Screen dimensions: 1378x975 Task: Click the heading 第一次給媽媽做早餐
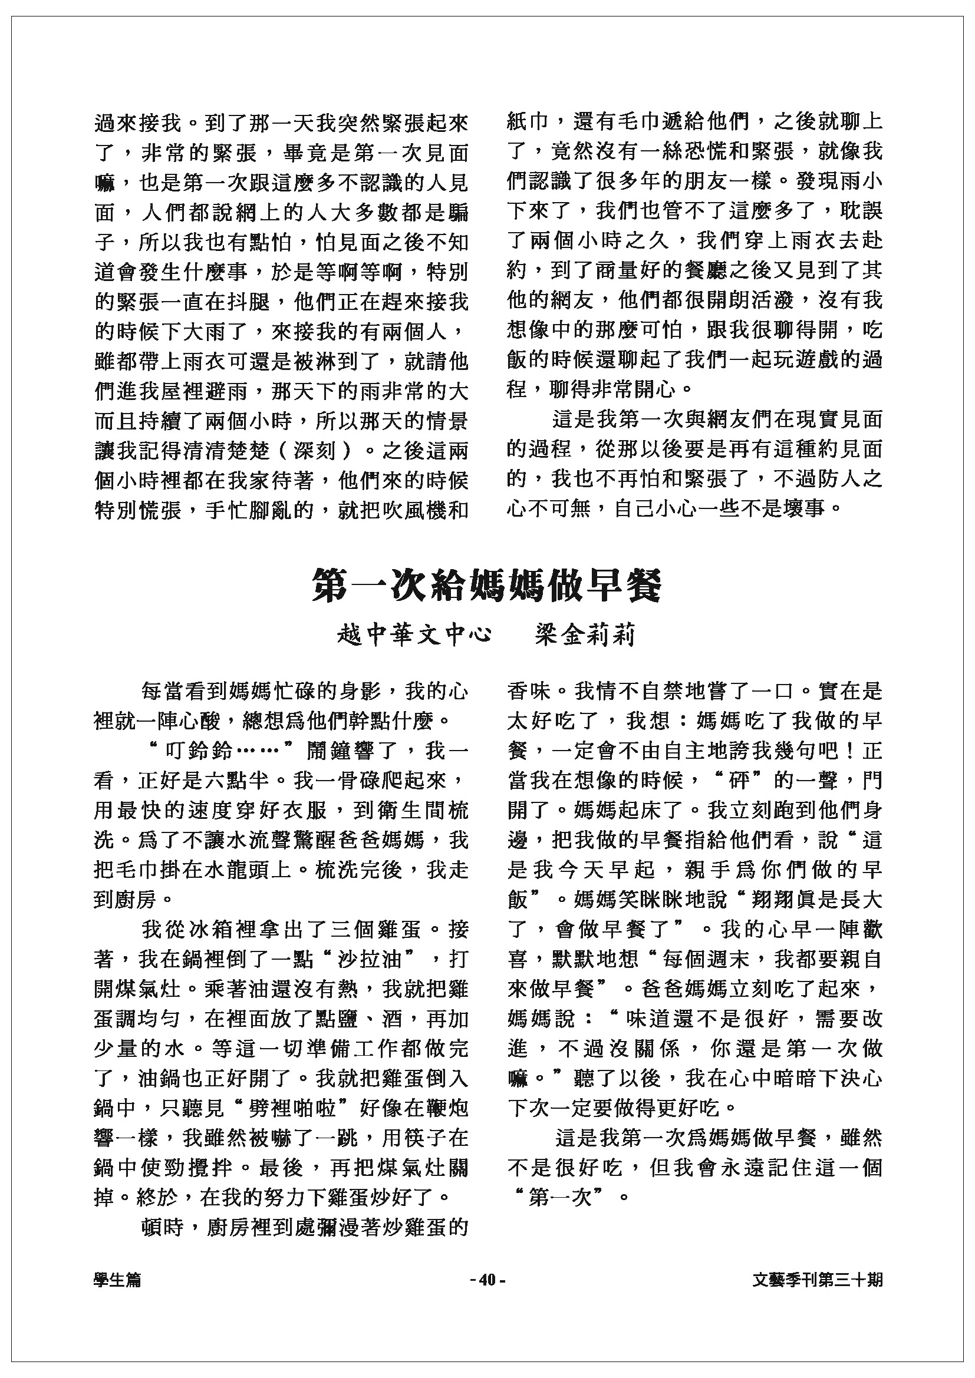[487, 585]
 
